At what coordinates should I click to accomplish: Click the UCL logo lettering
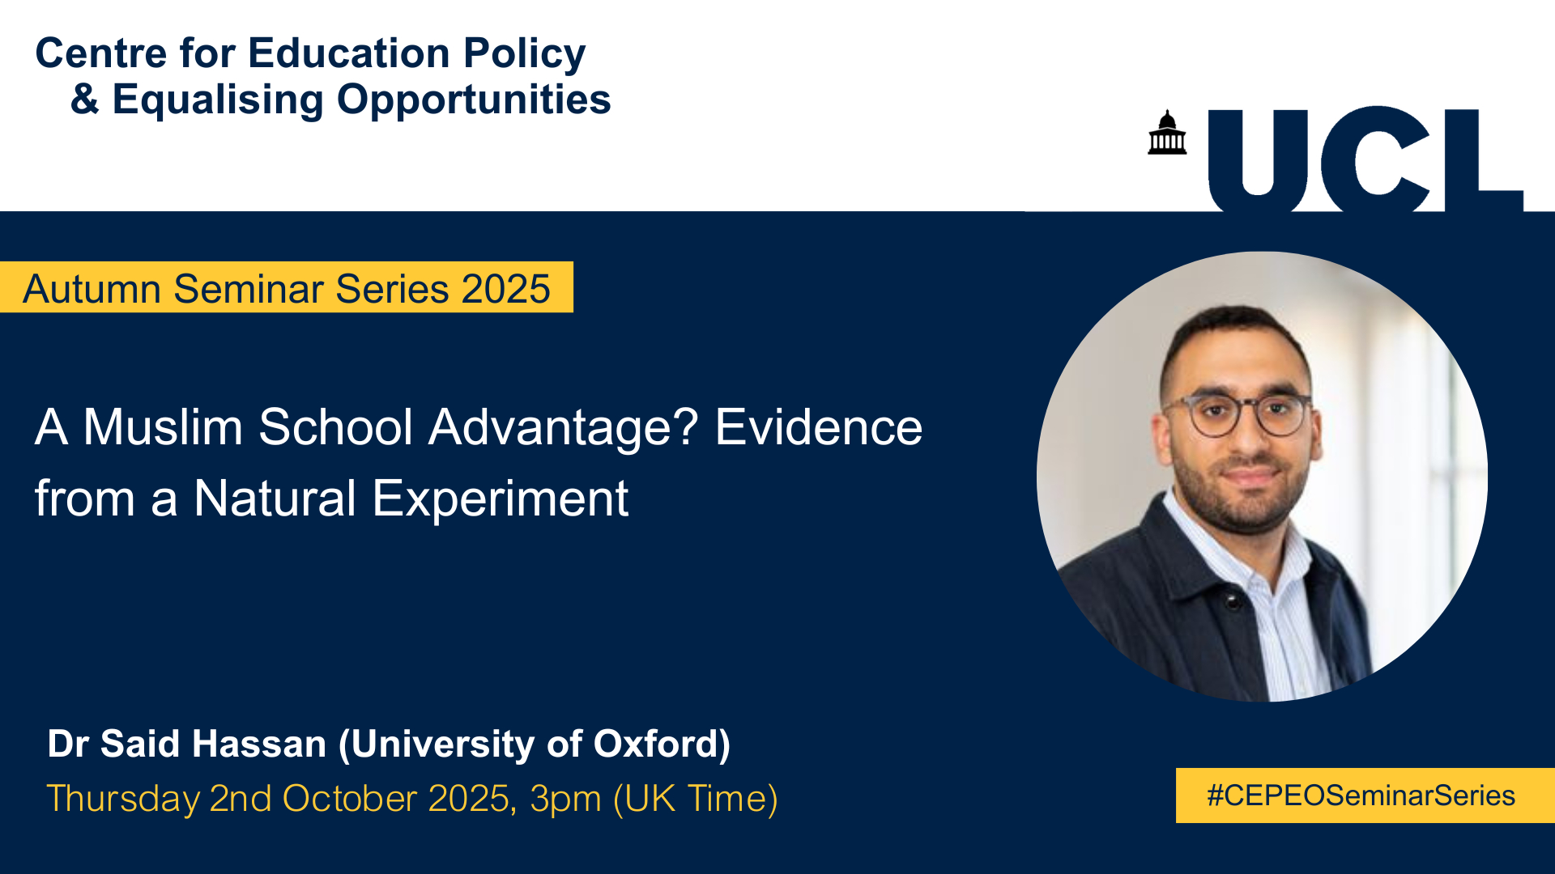click(1365, 159)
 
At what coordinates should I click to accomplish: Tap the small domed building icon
click(1167, 132)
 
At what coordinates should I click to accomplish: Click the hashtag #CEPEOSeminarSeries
click(1361, 796)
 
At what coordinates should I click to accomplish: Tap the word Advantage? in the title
click(564, 429)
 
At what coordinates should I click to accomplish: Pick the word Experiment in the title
click(501, 499)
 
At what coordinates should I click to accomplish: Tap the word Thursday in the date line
click(123, 799)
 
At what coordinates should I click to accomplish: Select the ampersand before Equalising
click(85, 100)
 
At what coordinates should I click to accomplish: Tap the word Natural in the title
click(275, 498)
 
